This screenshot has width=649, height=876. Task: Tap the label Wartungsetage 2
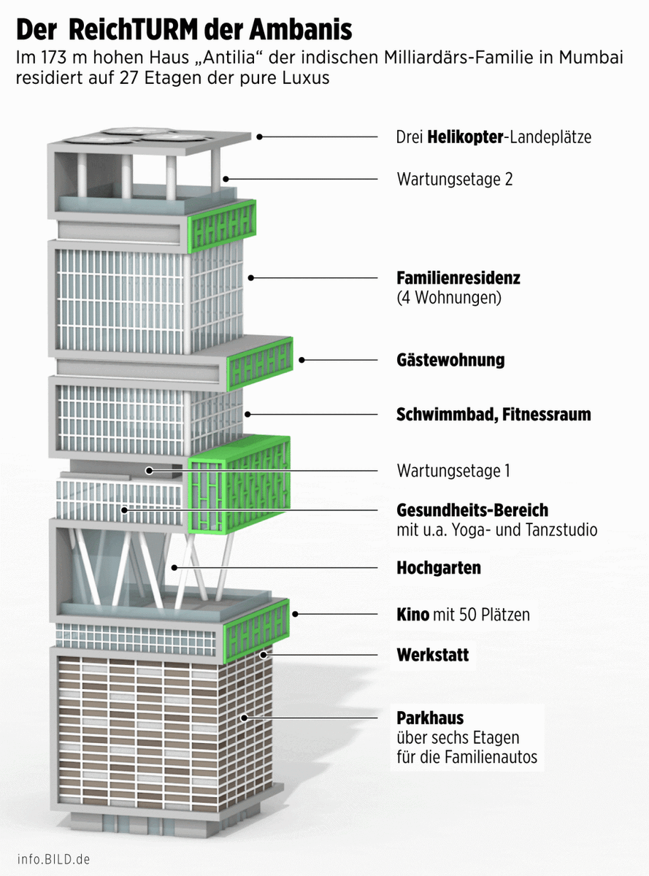coord(454,179)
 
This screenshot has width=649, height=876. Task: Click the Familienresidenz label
coord(458,278)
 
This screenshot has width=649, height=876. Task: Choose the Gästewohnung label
coord(450,360)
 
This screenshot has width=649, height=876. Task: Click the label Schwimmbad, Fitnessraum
coord(494,415)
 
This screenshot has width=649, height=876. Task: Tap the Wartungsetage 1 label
coord(453,471)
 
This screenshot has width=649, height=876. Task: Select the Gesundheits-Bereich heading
coord(472,510)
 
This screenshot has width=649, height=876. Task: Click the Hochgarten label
coord(439,567)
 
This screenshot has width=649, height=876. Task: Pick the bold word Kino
coord(412,615)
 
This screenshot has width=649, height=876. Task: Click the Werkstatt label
coord(433,654)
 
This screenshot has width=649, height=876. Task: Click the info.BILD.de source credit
coord(54,859)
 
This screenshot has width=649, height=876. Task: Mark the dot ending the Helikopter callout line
coord(259,137)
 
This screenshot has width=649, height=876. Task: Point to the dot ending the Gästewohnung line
coord(302,360)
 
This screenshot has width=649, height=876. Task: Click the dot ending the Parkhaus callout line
coord(245,718)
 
